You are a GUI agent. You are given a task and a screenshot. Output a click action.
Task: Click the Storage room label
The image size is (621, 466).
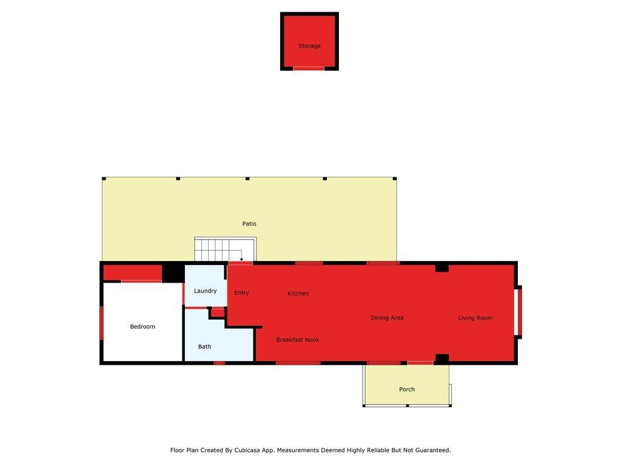coord(309,46)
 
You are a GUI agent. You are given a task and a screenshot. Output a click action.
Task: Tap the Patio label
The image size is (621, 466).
coord(249,224)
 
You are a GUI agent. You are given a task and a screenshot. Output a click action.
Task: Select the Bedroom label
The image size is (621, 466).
coord(143,326)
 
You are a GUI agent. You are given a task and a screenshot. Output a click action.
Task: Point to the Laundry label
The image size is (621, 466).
coord(205,291)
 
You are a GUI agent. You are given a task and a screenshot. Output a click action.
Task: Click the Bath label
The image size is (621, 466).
coord(204,346)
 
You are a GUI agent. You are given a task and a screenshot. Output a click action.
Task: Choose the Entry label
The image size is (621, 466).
coord(241,293)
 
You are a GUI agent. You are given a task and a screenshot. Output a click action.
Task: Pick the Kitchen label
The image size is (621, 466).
coord(298,294)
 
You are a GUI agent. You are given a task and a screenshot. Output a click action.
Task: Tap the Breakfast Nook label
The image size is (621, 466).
coord(297,340)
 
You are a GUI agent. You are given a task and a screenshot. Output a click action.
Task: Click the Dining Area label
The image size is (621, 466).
coord(387,318)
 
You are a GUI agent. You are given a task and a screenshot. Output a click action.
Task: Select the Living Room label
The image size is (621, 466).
coord(475,318)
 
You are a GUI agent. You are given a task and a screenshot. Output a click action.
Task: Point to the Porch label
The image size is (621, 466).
coord(407,390)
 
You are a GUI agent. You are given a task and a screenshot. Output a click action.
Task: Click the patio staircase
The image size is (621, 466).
coord(226,249)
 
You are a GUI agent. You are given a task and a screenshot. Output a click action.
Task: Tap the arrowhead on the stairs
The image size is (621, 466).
coord(241,260)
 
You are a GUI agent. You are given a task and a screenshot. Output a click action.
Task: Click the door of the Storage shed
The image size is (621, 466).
coord(309,69)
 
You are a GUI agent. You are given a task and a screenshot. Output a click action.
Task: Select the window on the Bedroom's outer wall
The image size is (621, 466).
coord(101,323)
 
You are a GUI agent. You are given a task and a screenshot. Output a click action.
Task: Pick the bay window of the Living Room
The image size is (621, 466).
coord(518,312)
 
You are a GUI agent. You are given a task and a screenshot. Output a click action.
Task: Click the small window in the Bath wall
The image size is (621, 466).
coord(219,363)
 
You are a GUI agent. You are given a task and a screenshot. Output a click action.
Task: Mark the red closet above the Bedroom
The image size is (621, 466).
coord(133,272)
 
